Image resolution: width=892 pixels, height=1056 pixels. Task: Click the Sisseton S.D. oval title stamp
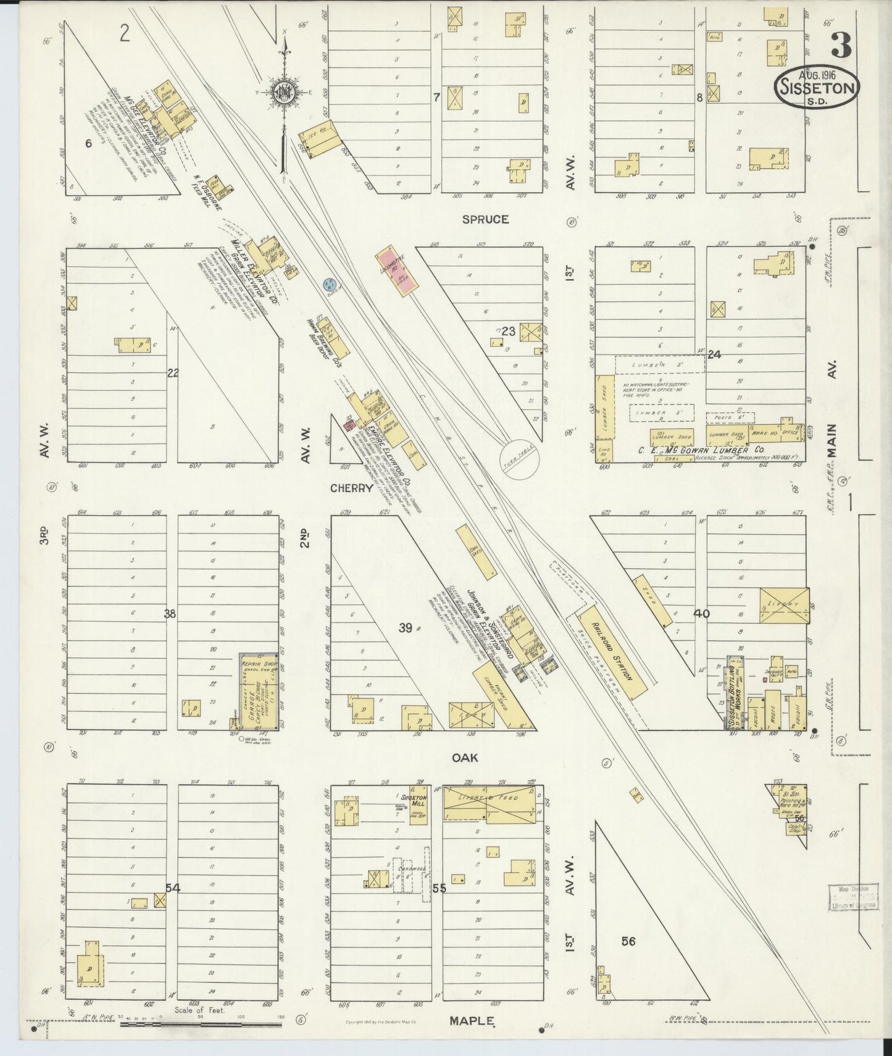click(x=816, y=87)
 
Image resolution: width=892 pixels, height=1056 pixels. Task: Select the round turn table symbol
click(x=517, y=458)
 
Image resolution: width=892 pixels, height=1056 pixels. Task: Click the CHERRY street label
click(x=351, y=488)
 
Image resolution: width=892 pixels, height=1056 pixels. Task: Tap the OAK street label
click(x=464, y=758)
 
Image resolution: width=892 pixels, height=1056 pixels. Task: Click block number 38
click(x=170, y=614)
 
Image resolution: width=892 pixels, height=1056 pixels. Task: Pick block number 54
click(x=173, y=888)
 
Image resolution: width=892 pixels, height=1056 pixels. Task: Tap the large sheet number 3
click(x=841, y=44)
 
